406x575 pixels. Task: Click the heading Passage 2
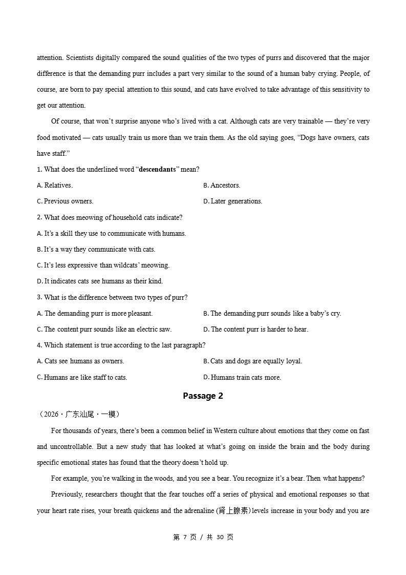(203, 396)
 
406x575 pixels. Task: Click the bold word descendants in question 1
(158, 170)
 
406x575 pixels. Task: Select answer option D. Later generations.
(232, 201)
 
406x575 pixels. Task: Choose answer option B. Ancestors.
(222, 186)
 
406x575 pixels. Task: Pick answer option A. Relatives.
(55, 186)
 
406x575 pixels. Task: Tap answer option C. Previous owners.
(65, 201)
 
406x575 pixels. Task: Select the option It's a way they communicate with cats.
(96, 250)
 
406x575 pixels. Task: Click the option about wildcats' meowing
(103, 265)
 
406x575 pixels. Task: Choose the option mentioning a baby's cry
(272, 314)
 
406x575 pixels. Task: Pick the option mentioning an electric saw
(104, 330)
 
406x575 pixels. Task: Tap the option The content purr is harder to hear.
(255, 330)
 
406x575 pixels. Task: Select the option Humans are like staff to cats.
(82, 378)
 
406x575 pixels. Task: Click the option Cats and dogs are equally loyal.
(252, 361)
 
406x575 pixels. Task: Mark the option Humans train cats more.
(242, 378)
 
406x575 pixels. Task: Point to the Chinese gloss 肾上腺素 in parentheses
(234, 511)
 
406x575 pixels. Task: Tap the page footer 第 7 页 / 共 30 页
(203, 537)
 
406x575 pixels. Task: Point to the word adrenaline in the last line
(197, 511)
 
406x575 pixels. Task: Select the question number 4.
(39, 345)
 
